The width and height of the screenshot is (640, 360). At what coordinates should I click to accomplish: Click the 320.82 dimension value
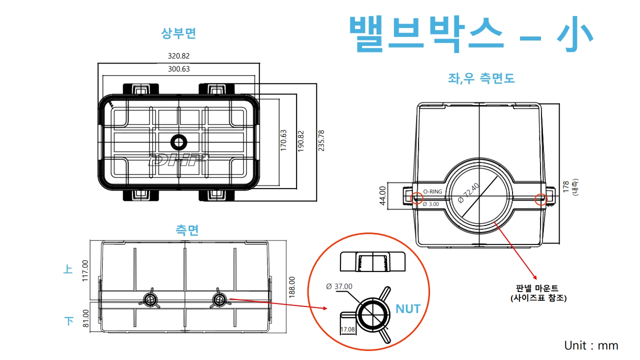[178, 56]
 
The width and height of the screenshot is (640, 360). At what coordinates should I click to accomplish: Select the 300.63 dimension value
[178, 69]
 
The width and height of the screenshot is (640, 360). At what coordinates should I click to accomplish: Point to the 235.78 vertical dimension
[321, 140]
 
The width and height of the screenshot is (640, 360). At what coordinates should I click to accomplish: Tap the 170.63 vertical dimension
[283, 140]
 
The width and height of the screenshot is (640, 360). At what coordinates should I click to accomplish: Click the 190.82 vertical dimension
[300, 140]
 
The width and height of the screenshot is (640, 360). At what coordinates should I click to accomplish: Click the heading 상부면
[178, 33]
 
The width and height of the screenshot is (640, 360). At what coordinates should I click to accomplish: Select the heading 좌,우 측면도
[481, 78]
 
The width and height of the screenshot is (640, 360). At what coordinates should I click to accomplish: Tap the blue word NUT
[408, 309]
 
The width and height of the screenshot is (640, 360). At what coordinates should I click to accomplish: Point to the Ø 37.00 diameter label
[339, 286]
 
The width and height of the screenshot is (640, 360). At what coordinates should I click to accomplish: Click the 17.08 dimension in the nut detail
[347, 329]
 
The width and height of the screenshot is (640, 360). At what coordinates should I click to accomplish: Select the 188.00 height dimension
[292, 287]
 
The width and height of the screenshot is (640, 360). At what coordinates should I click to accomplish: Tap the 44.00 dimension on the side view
[383, 195]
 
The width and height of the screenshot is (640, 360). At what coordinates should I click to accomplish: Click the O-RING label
[432, 191]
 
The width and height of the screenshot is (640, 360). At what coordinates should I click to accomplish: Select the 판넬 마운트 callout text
[537, 288]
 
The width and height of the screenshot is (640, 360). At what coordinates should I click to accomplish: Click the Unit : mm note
[591, 345]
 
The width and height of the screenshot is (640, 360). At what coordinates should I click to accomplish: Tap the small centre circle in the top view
[178, 142]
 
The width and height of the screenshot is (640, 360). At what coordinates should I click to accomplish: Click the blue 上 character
[68, 269]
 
